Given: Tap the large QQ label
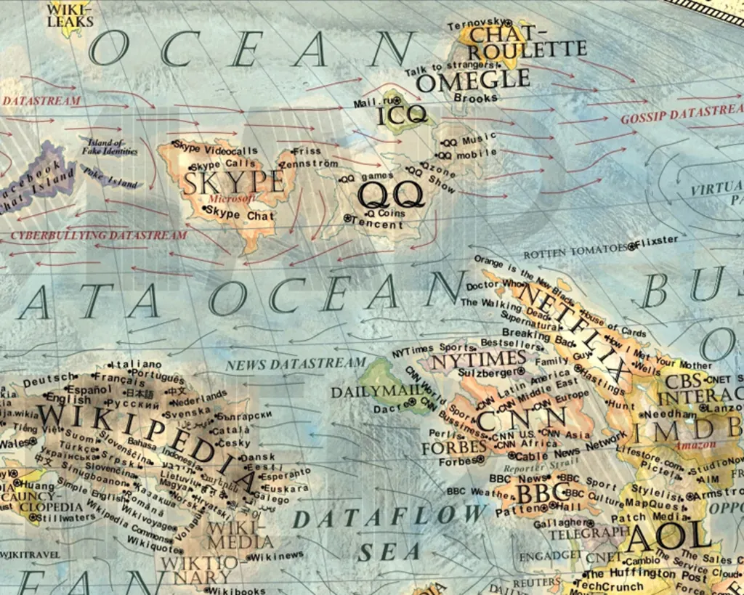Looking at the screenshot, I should click(391, 195).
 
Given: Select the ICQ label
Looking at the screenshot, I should click(400, 116).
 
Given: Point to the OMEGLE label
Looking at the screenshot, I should click(472, 81).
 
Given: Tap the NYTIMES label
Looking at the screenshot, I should click(479, 358).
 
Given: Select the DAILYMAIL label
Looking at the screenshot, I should click(377, 392).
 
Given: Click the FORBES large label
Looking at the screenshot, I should click(453, 447).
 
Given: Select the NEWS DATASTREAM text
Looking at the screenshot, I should click(295, 363).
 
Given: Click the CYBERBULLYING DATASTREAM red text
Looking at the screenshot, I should click(98, 235).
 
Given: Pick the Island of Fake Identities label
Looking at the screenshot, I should click(109, 147).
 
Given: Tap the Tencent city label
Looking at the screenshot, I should click(376, 224).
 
